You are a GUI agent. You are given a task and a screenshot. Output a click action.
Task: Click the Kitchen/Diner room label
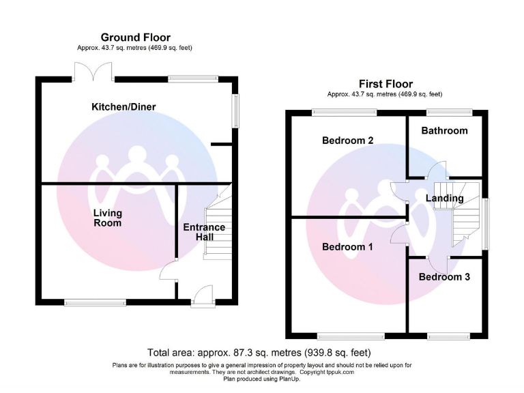coord(124,107)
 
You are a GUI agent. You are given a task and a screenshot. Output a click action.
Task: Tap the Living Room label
coord(108,218)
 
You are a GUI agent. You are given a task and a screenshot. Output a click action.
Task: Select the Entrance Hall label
coord(204,232)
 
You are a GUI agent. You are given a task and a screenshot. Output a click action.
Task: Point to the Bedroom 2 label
coord(347,141)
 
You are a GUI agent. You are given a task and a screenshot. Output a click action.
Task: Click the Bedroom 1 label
coord(347,247)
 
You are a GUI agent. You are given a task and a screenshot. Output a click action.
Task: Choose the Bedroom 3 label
coord(444,277)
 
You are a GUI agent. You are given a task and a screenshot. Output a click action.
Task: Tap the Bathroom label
coord(444,130)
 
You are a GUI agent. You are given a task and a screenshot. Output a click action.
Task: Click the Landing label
coord(444,199)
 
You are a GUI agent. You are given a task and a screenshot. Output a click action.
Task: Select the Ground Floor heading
coord(135,38)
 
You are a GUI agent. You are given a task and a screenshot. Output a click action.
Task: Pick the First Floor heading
coord(385,84)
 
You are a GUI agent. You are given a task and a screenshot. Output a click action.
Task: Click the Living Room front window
coord(95,302)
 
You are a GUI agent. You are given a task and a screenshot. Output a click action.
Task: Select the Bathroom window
coord(449,112)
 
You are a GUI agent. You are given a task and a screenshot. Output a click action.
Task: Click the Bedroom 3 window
coord(449,336)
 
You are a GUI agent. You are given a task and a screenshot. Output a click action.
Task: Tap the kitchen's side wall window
coord(236,109)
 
